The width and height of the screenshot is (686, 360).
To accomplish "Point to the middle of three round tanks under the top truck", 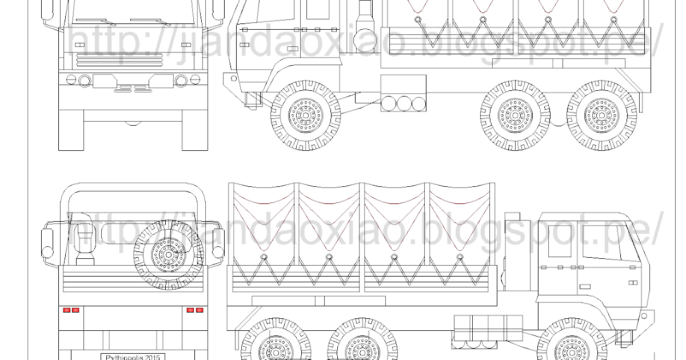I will pos(404,104).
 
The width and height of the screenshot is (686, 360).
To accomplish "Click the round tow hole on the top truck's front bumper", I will pos(233,77).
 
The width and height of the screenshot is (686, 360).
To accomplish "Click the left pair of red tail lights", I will pos(71,310).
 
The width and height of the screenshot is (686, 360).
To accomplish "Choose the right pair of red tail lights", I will pos(194,310).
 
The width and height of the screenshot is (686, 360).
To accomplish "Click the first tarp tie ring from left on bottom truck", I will pos(264,259).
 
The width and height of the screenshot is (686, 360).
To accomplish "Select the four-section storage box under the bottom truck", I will pos(487,330).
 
